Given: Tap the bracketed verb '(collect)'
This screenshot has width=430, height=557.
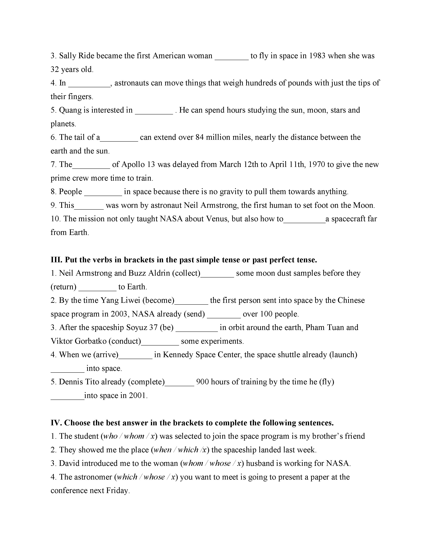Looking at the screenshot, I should pyautogui.click(x=186, y=273).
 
